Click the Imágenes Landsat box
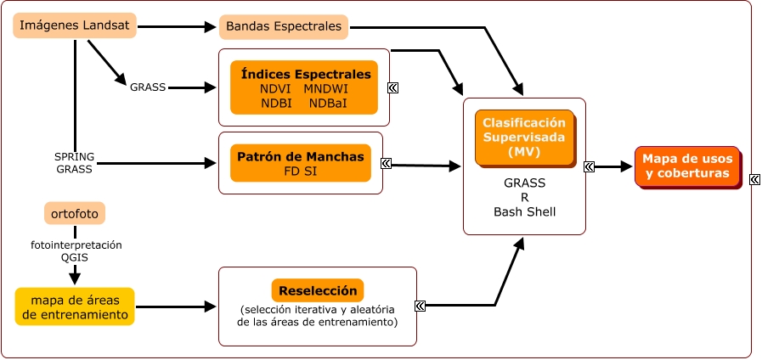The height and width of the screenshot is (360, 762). [x=75, y=26]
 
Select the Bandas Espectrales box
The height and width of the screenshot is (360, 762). [x=284, y=27]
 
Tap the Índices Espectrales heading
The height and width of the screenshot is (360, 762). [x=305, y=74]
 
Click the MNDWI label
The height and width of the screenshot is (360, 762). [x=325, y=88]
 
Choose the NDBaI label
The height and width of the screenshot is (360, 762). [x=328, y=103]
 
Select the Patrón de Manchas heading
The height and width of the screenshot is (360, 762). [x=301, y=157]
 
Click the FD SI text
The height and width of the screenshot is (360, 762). [x=301, y=171]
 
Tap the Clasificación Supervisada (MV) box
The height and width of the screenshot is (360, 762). [x=524, y=136]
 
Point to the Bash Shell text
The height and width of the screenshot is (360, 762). [x=524, y=211]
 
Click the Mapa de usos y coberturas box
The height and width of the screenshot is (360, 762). [x=686, y=166]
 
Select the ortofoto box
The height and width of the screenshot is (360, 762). [x=75, y=213]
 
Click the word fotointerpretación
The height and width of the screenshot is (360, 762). [x=76, y=245]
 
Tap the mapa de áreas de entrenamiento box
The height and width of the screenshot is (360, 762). [x=75, y=307]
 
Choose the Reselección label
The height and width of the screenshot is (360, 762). [x=318, y=290]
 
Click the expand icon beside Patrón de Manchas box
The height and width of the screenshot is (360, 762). [x=387, y=164]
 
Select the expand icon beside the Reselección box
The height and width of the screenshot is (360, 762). [x=421, y=306]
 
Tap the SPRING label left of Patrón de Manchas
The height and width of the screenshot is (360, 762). [x=75, y=157]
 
